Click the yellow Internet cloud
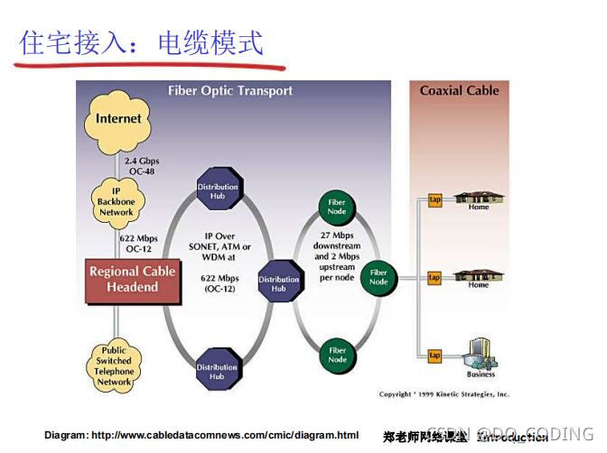[118, 119]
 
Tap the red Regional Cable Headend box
[133, 279]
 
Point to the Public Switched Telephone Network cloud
[115, 365]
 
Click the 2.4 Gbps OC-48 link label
[142, 165]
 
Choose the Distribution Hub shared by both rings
[278, 283]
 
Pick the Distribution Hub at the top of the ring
[217, 191]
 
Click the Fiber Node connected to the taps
[378, 276]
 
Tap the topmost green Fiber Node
[337, 205]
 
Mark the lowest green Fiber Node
[337, 354]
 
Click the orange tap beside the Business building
[434, 356]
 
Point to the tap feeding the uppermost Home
[434, 199]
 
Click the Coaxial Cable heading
[459, 90]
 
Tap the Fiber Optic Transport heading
[230, 90]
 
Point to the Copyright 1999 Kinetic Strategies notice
[444, 394]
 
